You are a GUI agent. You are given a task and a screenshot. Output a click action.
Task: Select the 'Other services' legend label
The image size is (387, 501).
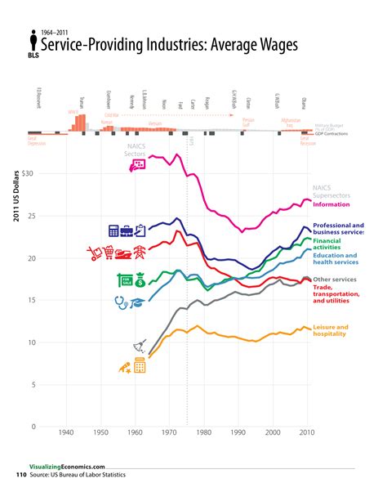coord(335,280)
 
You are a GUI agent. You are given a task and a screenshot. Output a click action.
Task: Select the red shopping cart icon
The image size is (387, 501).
coord(100,253)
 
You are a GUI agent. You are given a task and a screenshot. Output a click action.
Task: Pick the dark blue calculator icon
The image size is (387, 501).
coord(114,230)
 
